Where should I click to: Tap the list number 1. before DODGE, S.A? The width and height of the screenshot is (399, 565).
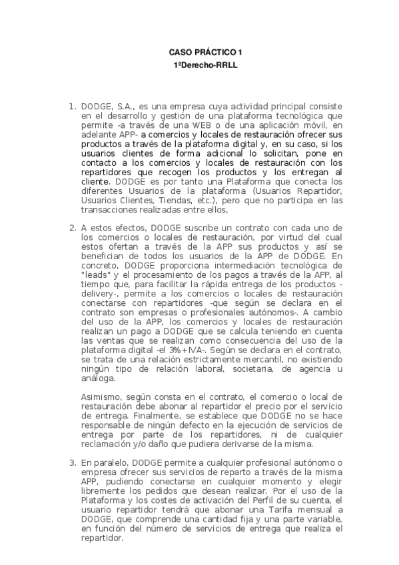pyautogui.click(x=73, y=106)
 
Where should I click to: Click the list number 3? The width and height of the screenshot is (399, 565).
pyautogui.click(x=73, y=462)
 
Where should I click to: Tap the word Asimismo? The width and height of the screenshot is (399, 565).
pyautogui.click(x=101, y=396)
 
